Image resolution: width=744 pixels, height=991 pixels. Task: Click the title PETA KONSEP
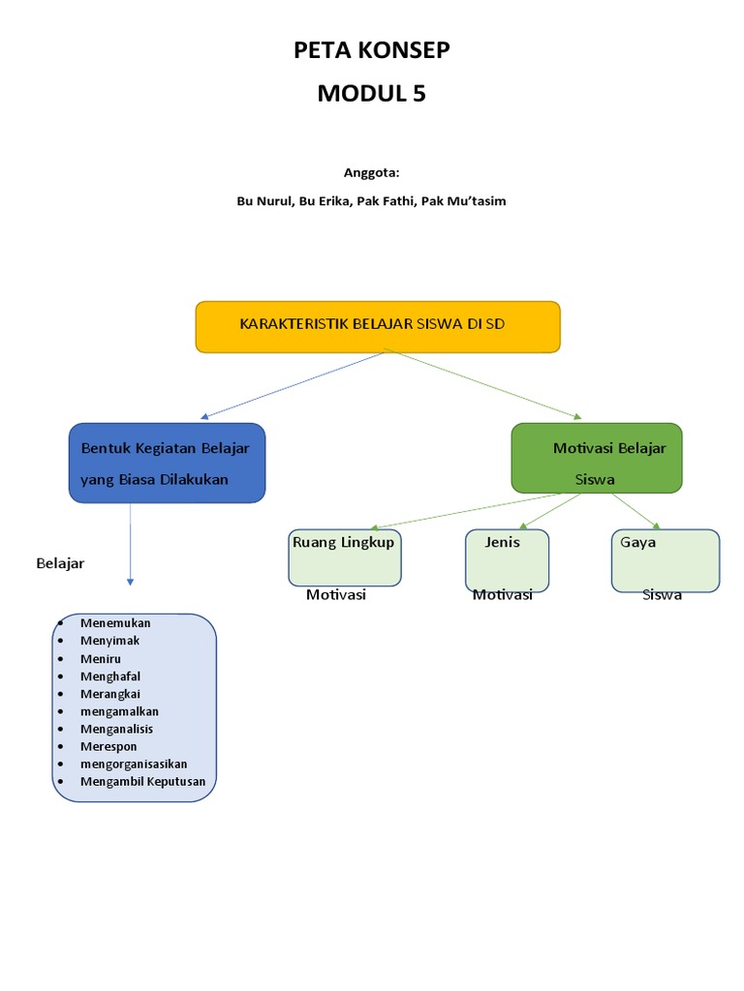click(372, 50)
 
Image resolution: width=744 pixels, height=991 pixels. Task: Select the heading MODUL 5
click(372, 94)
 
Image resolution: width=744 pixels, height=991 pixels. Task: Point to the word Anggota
click(371, 172)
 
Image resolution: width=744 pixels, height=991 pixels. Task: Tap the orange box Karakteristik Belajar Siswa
click(378, 326)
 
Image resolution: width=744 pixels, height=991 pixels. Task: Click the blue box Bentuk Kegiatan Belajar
click(167, 463)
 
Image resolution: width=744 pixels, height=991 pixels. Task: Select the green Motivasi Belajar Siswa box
click(597, 458)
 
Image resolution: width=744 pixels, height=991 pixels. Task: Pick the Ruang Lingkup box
click(345, 557)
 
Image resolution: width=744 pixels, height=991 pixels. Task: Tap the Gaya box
click(665, 558)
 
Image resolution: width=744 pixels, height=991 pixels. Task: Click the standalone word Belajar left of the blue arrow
click(60, 563)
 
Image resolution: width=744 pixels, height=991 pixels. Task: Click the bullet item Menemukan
click(116, 622)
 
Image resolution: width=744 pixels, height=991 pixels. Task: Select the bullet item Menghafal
click(110, 676)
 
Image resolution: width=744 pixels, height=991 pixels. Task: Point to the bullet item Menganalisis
click(117, 729)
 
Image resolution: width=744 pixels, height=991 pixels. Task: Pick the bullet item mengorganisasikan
click(134, 764)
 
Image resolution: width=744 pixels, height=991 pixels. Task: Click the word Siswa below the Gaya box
click(663, 595)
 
